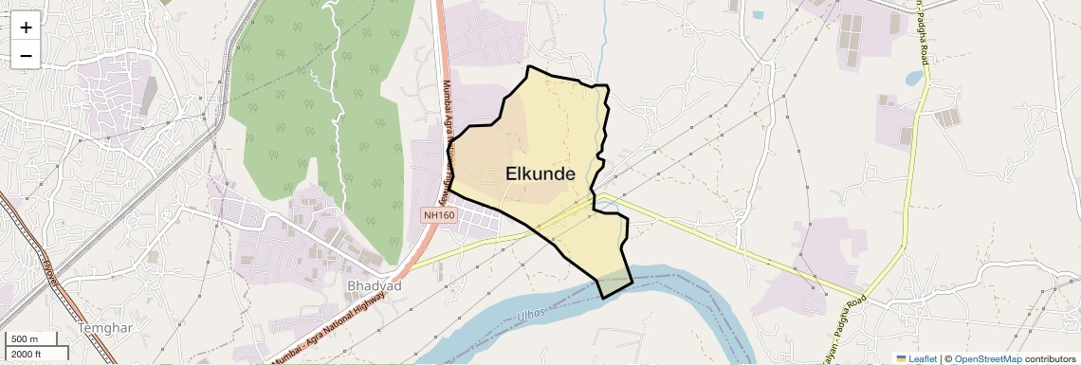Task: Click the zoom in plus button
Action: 26,27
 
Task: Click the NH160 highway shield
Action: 439,216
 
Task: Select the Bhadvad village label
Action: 375,285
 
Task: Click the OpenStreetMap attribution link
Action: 987,358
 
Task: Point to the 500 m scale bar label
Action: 25,338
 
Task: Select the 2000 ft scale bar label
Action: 27,354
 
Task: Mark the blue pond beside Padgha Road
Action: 913,79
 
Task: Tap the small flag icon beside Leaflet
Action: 902,358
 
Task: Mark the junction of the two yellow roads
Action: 865,296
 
